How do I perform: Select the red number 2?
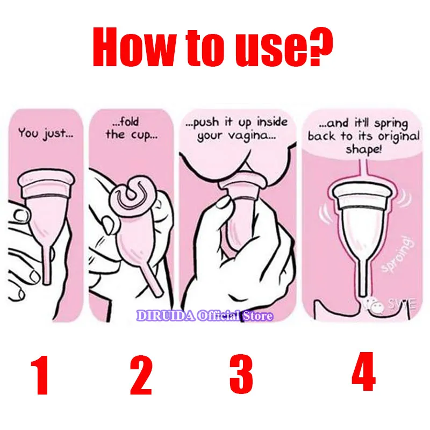coord(141,375)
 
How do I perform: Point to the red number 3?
coord(241,374)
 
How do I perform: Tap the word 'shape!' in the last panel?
coord(363,149)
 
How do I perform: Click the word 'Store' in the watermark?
coord(258,316)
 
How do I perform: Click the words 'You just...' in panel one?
coord(46,133)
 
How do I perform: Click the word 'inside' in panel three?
coord(273,121)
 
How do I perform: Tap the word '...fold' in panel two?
coord(126,121)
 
